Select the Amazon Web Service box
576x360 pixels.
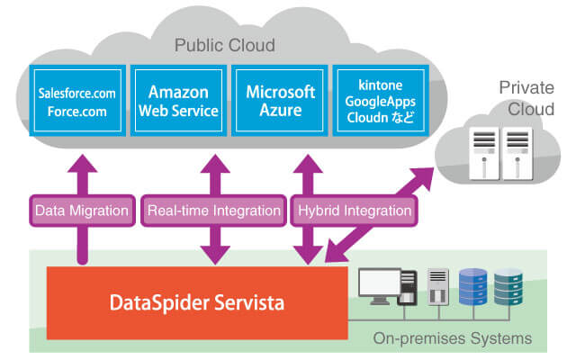point(177,101)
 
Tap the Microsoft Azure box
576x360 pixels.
point(280,101)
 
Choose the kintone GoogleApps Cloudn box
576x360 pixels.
point(382,101)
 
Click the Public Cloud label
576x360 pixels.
point(225,45)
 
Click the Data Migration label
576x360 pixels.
point(81,211)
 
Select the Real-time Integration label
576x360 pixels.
point(213,211)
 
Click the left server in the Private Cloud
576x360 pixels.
point(483,153)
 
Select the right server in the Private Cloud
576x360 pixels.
point(517,153)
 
